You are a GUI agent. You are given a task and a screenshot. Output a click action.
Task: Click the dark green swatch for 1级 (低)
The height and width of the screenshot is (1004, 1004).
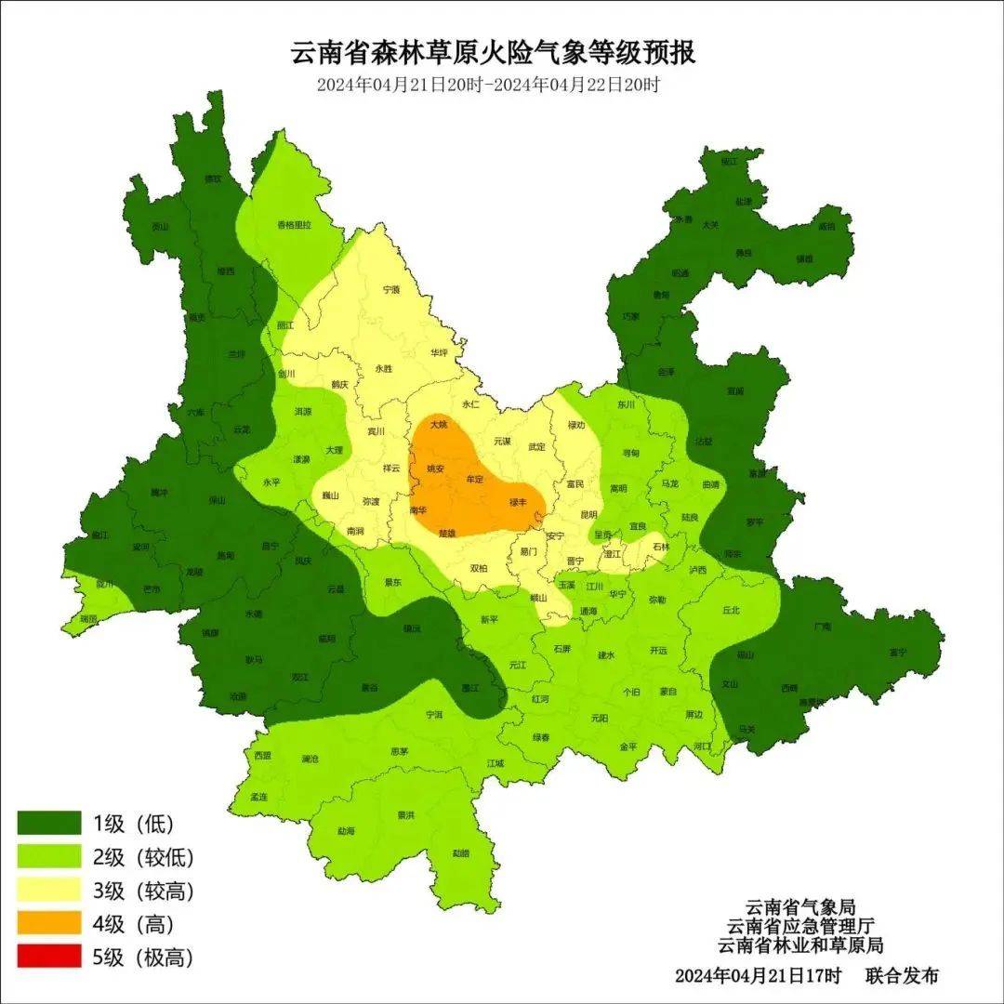click(x=49, y=824)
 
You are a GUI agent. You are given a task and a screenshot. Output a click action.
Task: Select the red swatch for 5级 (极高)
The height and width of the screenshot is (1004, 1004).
click(x=49, y=958)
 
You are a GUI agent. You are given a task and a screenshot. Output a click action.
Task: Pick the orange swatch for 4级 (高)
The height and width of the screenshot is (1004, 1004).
click(x=49, y=924)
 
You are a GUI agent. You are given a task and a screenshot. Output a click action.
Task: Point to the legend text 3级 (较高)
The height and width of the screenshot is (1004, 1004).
click(x=143, y=891)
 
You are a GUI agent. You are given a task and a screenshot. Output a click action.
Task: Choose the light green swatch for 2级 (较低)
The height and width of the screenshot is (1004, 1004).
click(x=49, y=857)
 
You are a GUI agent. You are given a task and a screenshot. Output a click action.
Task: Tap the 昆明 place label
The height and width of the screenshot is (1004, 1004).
click(x=588, y=514)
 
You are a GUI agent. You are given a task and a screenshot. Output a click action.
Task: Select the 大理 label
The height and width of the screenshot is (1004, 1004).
click(x=335, y=450)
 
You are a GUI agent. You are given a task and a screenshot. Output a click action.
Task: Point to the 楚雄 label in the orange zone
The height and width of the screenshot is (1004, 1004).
click(x=447, y=534)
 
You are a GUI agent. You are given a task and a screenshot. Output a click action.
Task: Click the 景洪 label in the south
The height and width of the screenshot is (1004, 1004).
click(x=405, y=815)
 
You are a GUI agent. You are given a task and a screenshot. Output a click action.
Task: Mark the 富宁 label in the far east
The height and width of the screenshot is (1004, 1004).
click(x=897, y=653)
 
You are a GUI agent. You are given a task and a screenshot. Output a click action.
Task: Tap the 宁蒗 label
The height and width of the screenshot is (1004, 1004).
click(x=391, y=290)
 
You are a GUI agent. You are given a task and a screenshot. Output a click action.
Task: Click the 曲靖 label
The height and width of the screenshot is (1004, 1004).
click(x=711, y=485)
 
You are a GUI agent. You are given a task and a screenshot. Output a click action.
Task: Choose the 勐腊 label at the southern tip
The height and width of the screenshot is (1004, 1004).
click(x=461, y=852)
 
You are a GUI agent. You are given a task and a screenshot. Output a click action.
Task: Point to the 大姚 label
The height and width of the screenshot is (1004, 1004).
click(x=438, y=425)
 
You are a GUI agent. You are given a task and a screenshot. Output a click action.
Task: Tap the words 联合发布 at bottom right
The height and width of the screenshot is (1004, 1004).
click(x=902, y=976)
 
